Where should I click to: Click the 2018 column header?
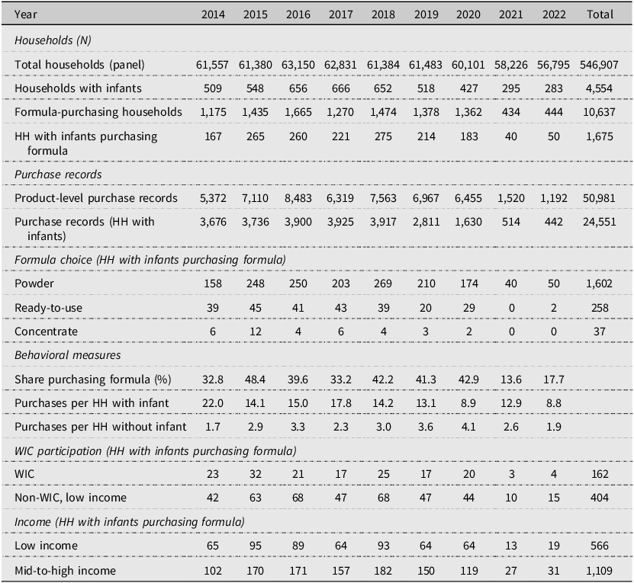point(383,14)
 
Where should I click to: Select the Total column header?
point(600,14)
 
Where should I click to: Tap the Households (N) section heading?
point(53,40)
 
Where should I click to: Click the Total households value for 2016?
point(298,65)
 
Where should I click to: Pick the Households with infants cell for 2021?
point(511,88)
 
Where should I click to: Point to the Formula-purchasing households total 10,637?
point(599,112)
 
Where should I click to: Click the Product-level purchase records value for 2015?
point(255,198)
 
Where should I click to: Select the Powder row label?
point(34,283)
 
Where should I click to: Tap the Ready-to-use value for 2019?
point(426,308)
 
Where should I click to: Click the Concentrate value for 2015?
point(255,332)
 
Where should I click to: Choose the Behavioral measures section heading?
point(68,355)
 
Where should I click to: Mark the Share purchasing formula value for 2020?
point(468,380)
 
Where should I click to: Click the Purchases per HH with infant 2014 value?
point(213,403)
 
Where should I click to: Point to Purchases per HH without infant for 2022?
point(554,427)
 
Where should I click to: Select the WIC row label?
point(24,473)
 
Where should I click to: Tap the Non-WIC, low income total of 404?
point(599,498)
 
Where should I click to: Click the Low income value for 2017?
point(340,546)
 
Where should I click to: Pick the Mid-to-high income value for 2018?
point(383,571)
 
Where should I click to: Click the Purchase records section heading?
point(58,175)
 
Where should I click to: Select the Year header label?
point(25,14)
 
